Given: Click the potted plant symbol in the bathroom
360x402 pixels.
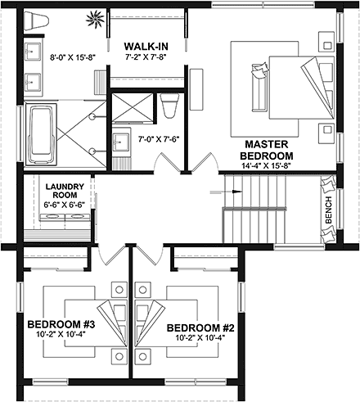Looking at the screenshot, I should coord(95,18).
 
